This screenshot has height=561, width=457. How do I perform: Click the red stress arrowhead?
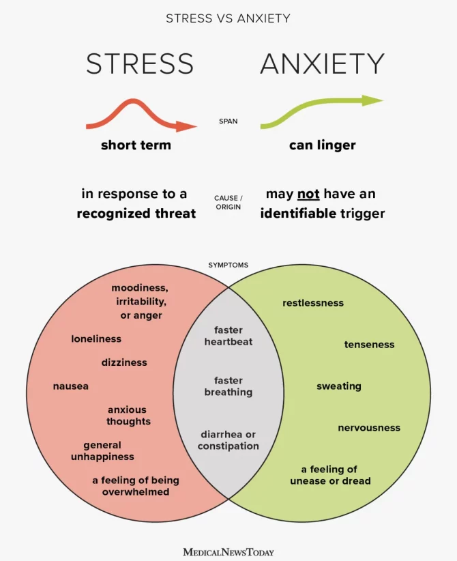click(186, 126)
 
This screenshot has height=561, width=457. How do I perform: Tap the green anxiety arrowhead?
click(372, 100)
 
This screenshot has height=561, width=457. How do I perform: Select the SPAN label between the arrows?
click(228, 121)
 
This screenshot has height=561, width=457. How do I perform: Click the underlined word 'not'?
click(308, 195)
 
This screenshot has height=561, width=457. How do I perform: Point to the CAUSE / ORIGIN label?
click(228, 202)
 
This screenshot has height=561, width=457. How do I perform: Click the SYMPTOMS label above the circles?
click(228, 265)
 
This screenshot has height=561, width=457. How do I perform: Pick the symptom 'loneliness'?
click(96, 339)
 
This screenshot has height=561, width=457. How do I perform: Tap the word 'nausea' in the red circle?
click(71, 386)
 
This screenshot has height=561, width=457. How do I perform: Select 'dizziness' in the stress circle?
click(124, 362)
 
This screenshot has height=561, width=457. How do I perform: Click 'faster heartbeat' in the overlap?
click(228, 336)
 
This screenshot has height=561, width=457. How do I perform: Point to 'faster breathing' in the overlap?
click(228, 386)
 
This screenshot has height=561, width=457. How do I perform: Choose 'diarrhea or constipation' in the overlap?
click(228, 440)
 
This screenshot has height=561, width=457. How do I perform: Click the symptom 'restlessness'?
click(313, 303)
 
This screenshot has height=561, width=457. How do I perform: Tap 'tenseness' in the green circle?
click(370, 345)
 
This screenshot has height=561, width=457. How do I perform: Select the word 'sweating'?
click(339, 386)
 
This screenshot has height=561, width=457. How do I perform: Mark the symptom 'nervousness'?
click(369, 428)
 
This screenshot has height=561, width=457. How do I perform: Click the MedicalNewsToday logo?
click(228, 552)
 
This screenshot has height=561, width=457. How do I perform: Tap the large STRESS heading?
click(140, 63)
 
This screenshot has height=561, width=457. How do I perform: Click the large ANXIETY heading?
click(322, 63)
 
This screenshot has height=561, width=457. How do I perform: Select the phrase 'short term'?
click(136, 145)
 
